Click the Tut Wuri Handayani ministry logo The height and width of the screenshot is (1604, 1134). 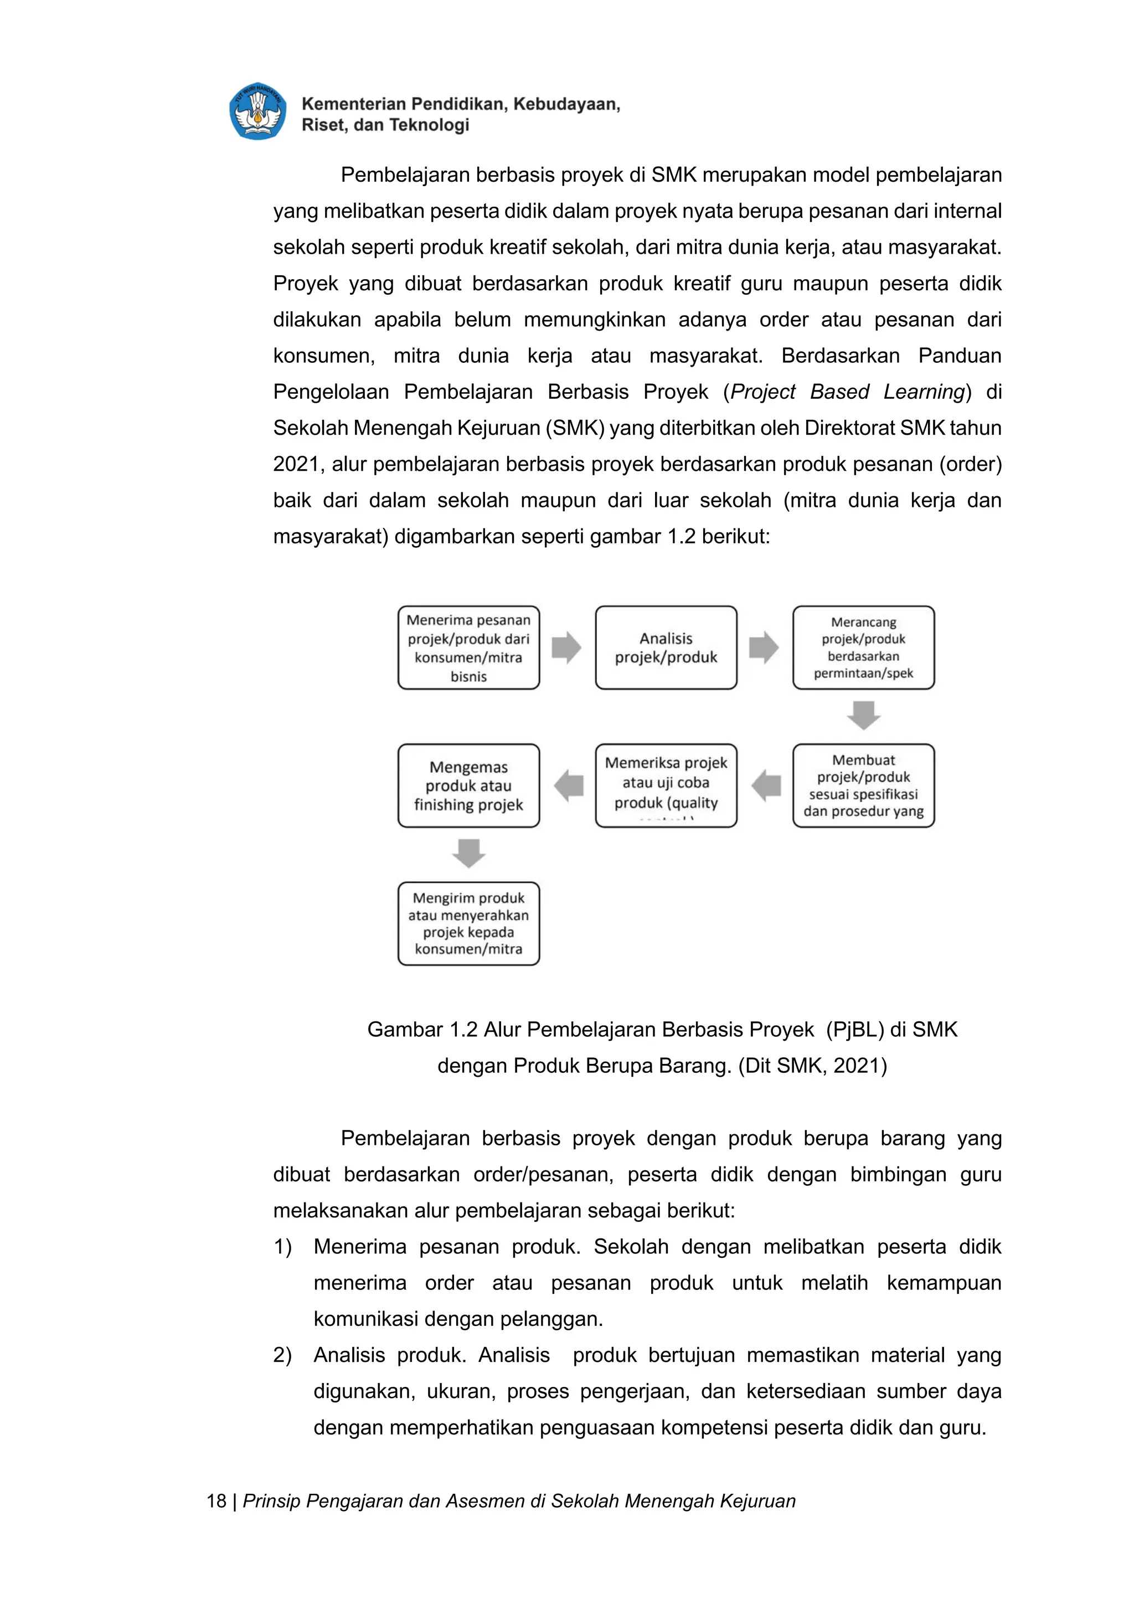tap(257, 112)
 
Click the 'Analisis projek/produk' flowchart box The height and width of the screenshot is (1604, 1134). tap(666, 647)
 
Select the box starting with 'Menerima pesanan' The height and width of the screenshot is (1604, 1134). tap(468, 647)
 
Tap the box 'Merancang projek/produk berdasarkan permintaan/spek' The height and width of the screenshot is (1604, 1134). tap(863, 647)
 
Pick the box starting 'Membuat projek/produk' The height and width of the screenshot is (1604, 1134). tap(863, 785)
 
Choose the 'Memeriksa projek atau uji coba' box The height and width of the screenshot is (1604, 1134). tap(666, 785)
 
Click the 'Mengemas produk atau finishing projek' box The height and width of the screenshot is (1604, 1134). tap(468, 785)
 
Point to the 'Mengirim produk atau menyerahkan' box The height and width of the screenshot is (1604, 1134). tap(468, 923)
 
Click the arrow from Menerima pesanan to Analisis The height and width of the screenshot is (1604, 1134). tap(566, 647)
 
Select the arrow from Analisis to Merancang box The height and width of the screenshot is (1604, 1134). tap(764, 647)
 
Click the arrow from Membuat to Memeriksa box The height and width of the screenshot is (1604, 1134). tap(766, 785)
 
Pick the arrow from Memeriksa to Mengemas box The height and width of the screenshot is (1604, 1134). tap(569, 785)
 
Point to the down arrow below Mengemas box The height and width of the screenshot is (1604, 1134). tap(468, 853)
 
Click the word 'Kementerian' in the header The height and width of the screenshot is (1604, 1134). tap(353, 104)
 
